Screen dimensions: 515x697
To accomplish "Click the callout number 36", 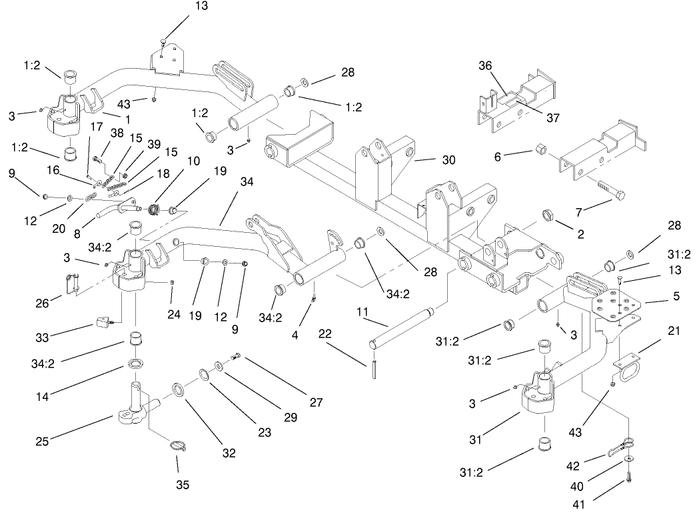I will pyautogui.click(x=484, y=66).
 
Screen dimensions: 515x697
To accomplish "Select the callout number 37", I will pyautogui.click(x=552, y=117).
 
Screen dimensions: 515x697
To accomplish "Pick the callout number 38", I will pyautogui.click(x=117, y=133).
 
